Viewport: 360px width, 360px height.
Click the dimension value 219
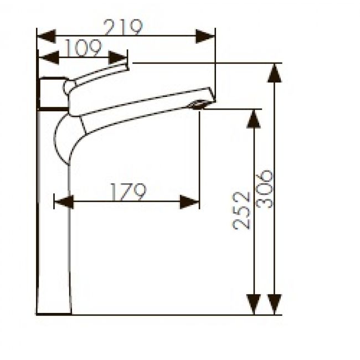pos(124,27)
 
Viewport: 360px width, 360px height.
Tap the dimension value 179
pos(127,192)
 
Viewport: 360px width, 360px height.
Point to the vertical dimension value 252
pos(241,210)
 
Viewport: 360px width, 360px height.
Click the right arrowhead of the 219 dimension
pos(205,37)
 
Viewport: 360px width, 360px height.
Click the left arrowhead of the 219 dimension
pos(46,37)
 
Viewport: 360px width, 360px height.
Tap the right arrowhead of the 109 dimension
pos(119,57)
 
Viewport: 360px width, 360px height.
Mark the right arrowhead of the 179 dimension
pos(189,202)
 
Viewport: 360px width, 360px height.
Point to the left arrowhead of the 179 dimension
pos(63,202)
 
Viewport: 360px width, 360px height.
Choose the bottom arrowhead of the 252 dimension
pos(253,305)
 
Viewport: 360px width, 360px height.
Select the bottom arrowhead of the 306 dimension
pos(274,305)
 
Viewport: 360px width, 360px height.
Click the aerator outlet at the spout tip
pos(198,104)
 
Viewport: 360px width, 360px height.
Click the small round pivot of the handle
pos(69,87)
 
